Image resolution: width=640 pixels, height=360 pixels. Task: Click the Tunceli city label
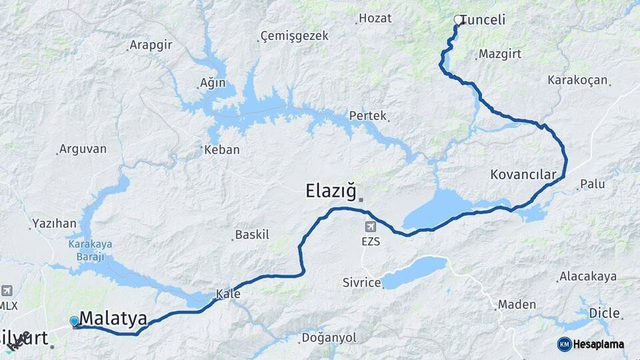pyautogui.click(x=482, y=20)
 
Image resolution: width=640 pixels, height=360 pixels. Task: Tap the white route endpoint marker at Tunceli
pyautogui.click(x=459, y=20)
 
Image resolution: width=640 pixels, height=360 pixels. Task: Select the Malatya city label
pyautogui.click(x=113, y=318)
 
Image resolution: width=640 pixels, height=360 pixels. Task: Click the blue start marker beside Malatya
pyautogui.click(x=74, y=321)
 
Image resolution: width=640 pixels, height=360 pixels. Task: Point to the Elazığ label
pyautogui.click(x=331, y=191)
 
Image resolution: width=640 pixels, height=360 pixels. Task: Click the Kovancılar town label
pyautogui.click(x=523, y=175)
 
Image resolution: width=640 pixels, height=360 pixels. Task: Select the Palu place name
pyautogui.click(x=592, y=183)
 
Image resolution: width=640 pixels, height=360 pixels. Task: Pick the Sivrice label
pyautogui.click(x=362, y=283)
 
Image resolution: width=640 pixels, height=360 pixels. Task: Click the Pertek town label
pyautogui.click(x=368, y=116)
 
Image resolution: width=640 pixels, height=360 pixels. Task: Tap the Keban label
pyautogui.click(x=222, y=150)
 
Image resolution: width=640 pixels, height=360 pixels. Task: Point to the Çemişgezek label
pyautogui.click(x=294, y=36)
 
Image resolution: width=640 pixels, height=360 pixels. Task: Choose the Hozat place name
pyautogui.click(x=375, y=18)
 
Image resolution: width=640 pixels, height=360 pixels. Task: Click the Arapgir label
pyautogui.click(x=151, y=45)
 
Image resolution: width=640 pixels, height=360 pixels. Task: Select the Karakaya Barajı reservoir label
pyautogui.click(x=90, y=249)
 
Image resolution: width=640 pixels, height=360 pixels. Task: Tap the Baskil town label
pyautogui.click(x=252, y=235)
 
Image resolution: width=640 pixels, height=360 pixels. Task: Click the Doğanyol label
pyautogui.click(x=329, y=338)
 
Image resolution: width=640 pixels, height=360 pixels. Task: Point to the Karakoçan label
pyautogui.click(x=577, y=80)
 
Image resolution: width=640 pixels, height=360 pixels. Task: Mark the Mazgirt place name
pyautogui.click(x=500, y=54)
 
